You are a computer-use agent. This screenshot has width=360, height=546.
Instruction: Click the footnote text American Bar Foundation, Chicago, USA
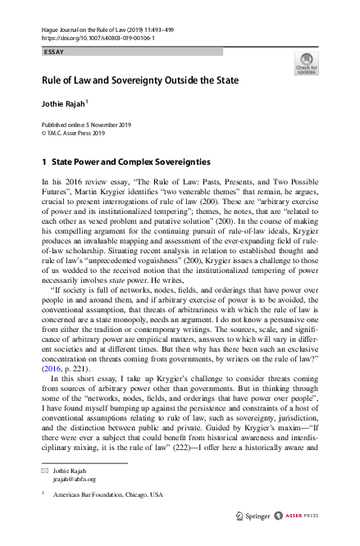(x=106, y=497)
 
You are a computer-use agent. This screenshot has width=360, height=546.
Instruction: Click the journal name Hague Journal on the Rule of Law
(x=82, y=30)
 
